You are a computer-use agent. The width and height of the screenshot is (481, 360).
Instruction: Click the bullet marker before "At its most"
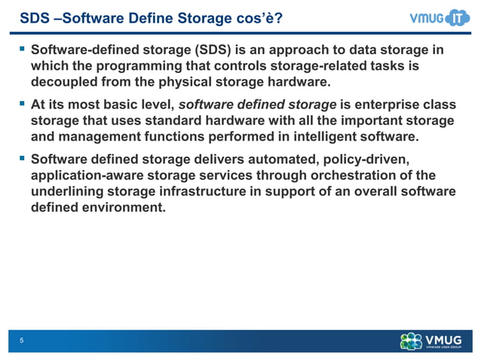[x=22, y=105]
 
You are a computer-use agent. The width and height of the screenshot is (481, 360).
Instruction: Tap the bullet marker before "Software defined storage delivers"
[x=22, y=159]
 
